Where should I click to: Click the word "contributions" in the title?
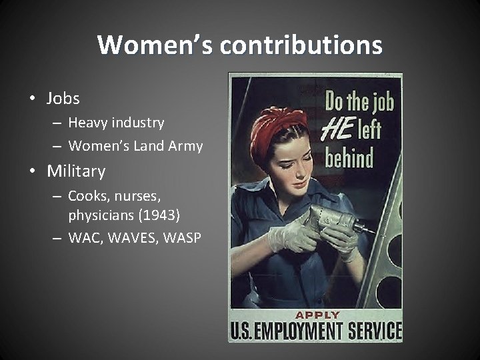[x=301, y=45]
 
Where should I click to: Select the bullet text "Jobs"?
[x=63, y=99]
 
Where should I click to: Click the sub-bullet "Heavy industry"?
[x=116, y=123]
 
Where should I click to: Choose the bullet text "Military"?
[x=76, y=171]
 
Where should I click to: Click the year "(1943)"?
[x=158, y=216]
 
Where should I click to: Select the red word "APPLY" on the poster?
[x=317, y=314]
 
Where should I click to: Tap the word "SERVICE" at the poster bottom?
[x=380, y=331]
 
